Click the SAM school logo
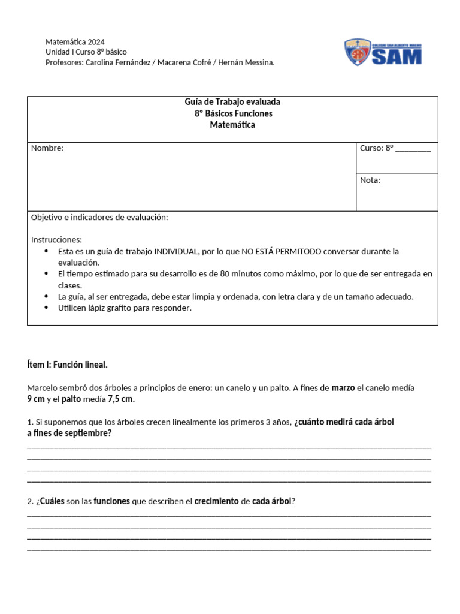(383, 52)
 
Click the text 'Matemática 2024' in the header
(75, 42)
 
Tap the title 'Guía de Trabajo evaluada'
(232, 103)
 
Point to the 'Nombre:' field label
(47, 148)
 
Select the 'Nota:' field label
(370, 180)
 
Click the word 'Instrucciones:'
(56, 239)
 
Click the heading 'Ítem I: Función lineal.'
(67, 365)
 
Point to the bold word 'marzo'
(343, 388)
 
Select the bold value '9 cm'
(36, 399)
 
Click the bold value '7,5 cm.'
(121, 399)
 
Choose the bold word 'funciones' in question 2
(111, 501)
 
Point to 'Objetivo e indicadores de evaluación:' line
(99, 217)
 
